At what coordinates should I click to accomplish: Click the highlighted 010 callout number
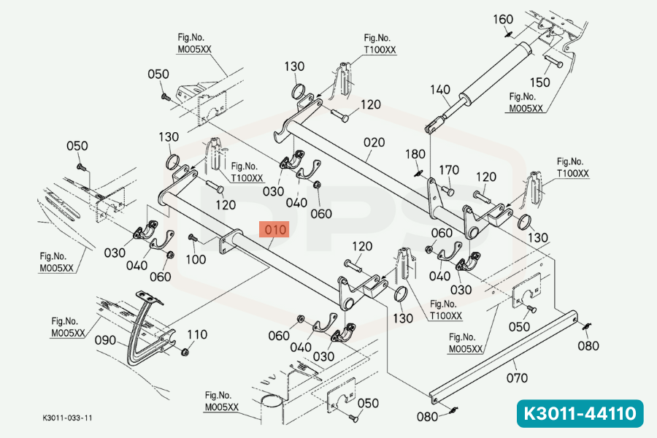point(274,230)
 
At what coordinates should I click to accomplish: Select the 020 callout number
point(374,142)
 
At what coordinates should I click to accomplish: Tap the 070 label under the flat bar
point(517,378)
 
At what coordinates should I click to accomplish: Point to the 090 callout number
point(105,340)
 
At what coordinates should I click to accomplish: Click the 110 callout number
point(197,334)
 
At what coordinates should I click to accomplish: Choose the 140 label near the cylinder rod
point(440,89)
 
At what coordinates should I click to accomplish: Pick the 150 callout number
point(539,82)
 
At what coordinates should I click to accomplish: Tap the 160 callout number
point(503,19)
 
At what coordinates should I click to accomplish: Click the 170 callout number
point(449,170)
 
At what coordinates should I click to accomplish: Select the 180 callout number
point(415,154)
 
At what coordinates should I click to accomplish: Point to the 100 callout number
point(196,259)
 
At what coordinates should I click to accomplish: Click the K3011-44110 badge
point(580,414)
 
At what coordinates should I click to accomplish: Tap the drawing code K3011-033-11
point(67,418)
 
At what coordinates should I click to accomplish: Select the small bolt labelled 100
point(193,238)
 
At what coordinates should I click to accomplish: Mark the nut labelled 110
point(185,352)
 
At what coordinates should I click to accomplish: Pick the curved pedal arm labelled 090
point(140,331)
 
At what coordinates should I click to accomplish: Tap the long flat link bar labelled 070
point(504,357)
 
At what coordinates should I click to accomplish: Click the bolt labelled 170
point(447,191)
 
